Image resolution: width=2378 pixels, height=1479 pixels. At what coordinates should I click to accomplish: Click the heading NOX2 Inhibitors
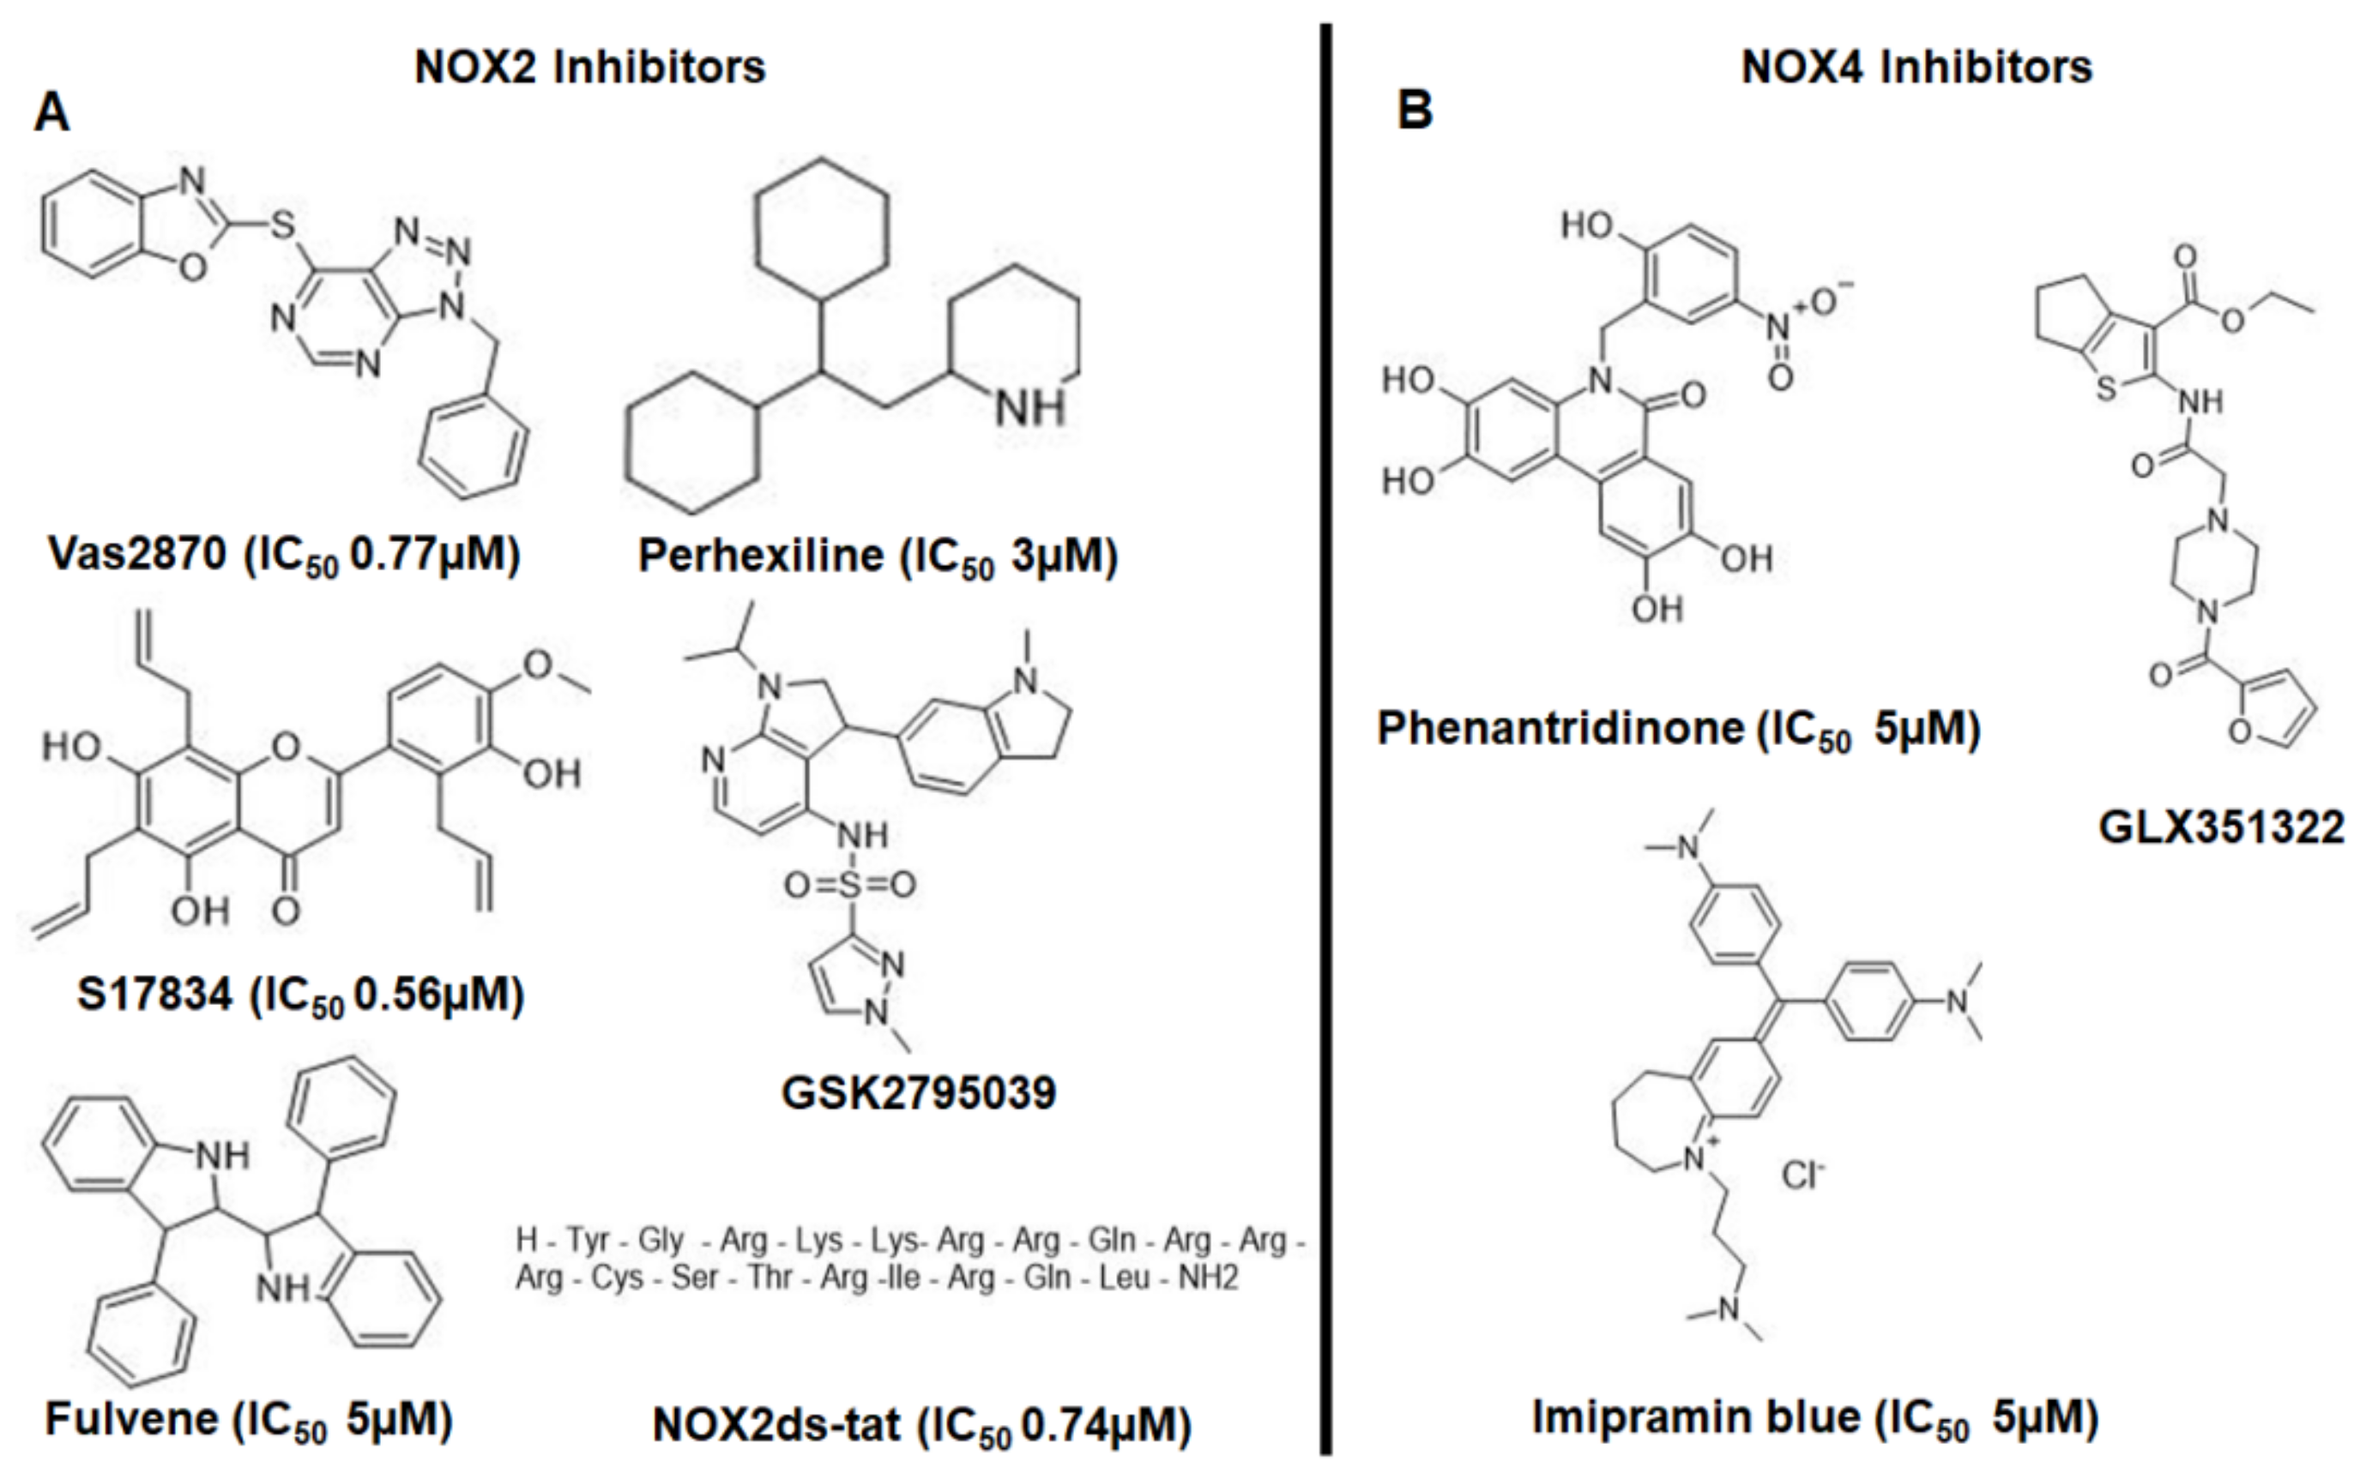(x=589, y=68)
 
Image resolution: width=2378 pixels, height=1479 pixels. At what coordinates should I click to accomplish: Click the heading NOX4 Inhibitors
(x=1916, y=68)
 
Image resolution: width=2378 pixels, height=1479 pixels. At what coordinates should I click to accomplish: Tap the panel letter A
(x=51, y=113)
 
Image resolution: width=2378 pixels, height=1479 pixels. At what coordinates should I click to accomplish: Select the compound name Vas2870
(x=137, y=555)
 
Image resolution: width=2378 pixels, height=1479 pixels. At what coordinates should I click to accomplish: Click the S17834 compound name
(x=154, y=995)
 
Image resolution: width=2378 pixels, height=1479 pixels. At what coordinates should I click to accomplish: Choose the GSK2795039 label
(x=918, y=1092)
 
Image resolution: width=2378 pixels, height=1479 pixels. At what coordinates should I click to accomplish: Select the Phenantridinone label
(x=1560, y=728)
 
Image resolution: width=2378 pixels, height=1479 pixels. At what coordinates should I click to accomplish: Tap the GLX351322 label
(x=2220, y=827)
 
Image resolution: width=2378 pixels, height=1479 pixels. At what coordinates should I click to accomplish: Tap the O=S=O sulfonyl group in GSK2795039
(x=849, y=885)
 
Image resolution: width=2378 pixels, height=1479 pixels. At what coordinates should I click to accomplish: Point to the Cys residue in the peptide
(x=617, y=1278)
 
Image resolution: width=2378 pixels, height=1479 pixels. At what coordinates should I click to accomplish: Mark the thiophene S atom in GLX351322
(x=2106, y=388)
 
